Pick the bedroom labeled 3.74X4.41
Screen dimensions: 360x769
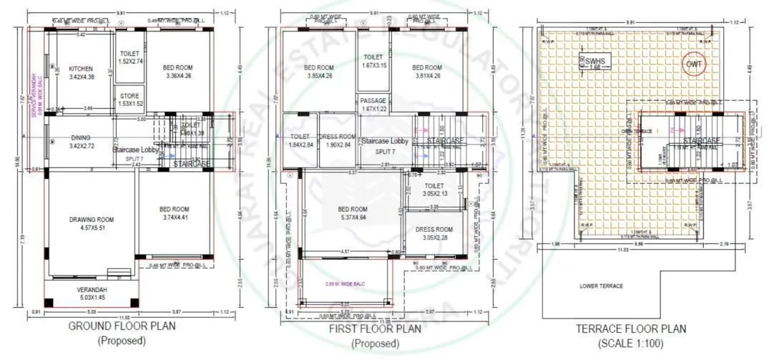(175, 213)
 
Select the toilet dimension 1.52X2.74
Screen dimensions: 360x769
(130, 62)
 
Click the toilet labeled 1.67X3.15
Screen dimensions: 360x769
(373, 62)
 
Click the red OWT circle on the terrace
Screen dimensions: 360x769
(693, 64)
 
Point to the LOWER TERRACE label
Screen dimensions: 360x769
(602, 286)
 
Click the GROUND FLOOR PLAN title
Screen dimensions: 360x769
(122, 326)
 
